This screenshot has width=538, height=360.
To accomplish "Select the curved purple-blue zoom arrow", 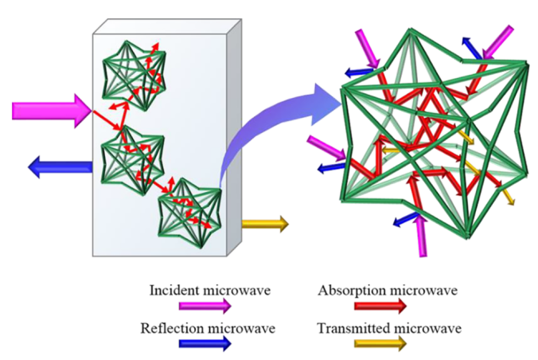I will [271, 127].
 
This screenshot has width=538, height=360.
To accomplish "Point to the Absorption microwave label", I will [388, 289].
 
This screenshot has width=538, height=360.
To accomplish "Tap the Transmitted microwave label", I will [388, 327].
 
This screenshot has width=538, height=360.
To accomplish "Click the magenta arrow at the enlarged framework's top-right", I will [500, 41].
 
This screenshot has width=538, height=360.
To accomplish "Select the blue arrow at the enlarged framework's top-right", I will [474, 49].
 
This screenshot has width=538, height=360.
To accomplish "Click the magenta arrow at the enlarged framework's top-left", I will [368, 47].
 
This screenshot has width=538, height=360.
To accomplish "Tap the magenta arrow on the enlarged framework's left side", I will [325, 147].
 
